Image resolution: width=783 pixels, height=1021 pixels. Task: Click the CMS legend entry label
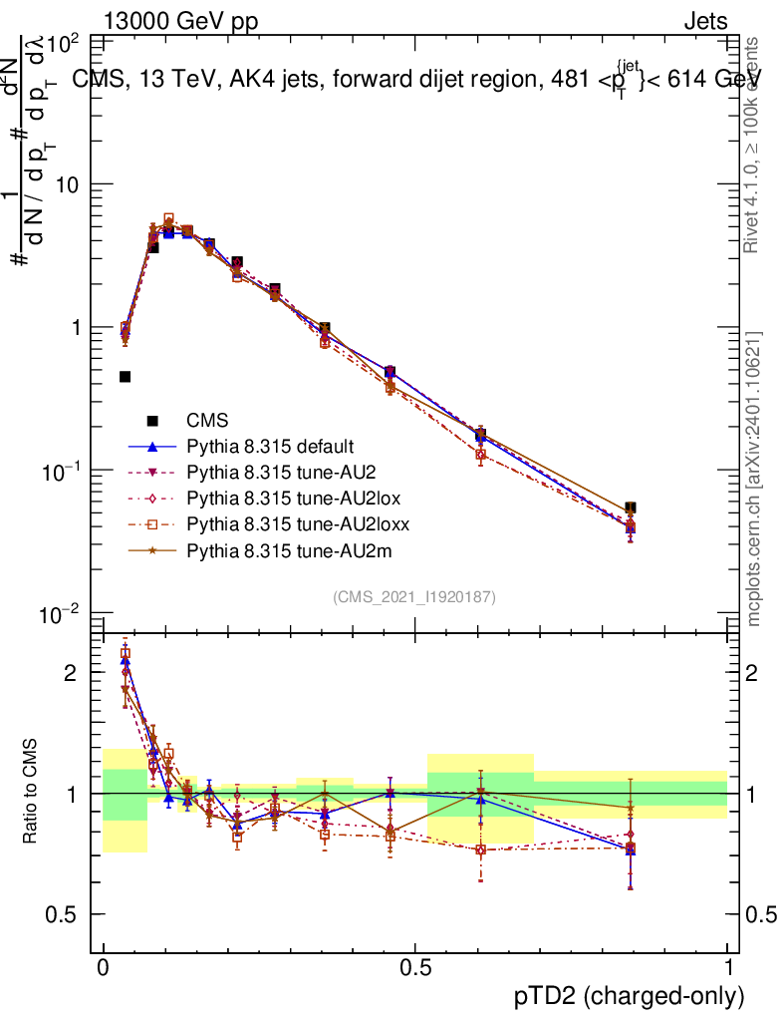[x=207, y=421]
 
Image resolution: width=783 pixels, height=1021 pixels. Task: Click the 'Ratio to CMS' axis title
[x=32, y=790]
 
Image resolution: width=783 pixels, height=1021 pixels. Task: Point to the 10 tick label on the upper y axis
[x=69, y=185]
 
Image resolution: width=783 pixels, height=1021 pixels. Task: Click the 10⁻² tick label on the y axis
[x=61, y=614]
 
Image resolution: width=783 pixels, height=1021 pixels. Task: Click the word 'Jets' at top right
[x=704, y=20]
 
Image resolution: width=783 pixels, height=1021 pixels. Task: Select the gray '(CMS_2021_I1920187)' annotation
[x=414, y=597]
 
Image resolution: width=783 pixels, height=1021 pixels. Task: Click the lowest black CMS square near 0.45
[x=126, y=377]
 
